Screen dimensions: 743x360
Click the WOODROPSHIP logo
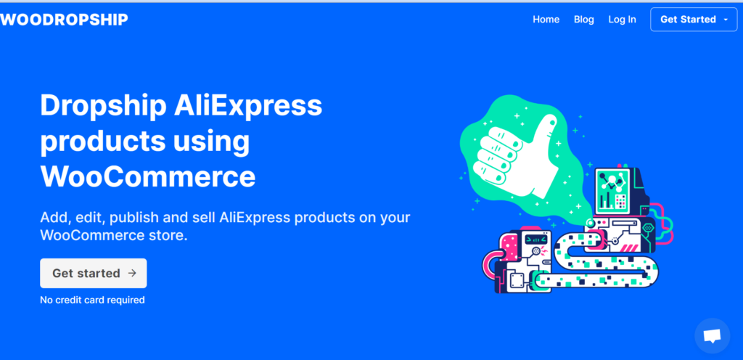tap(64, 20)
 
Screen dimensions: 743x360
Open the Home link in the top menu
tap(546, 20)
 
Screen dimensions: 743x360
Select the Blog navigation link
tap(584, 20)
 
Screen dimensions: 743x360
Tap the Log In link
tap(622, 20)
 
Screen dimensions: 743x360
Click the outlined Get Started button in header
tap(694, 20)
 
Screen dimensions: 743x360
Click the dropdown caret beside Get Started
tap(726, 20)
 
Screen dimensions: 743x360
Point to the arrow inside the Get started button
tap(132, 273)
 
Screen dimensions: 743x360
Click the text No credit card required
tap(92, 300)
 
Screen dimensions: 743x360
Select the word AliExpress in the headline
tap(248, 105)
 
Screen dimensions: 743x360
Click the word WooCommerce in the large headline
tap(148, 176)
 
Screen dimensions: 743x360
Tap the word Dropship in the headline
tap(103, 107)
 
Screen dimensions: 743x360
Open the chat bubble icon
tap(713, 336)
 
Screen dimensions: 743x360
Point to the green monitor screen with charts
tap(612, 190)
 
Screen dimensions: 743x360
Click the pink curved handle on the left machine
tap(488, 266)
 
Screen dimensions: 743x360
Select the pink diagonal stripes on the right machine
tap(631, 248)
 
